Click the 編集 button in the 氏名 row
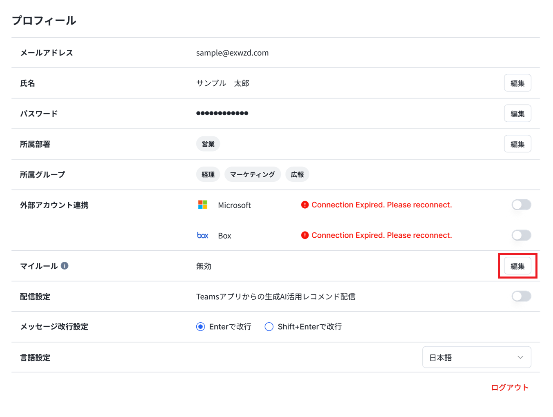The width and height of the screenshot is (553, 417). pyautogui.click(x=517, y=83)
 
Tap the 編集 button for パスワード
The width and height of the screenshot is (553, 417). pyautogui.click(x=517, y=113)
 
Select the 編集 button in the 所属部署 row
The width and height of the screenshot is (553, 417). pyautogui.click(x=517, y=144)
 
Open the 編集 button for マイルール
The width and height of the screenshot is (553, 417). pyautogui.click(x=517, y=266)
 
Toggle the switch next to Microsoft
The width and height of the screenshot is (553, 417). pyautogui.click(x=521, y=205)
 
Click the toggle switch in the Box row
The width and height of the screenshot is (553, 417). pyautogui.click(x=521, y=235)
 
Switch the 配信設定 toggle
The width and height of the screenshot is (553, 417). pyautogui.click(x=521, y=296)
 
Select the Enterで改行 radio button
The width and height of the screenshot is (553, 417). pyautogui.click(x=200, y=326)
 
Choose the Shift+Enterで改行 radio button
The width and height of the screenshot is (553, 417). pyautogui.click(x=269, y=326)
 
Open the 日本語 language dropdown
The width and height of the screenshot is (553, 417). pyautogui.click(x=476, y=357)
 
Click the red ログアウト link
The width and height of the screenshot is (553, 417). pyautogui.click(x=509, y=387)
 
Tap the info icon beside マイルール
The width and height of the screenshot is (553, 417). pyautogui.click(x=64, y=265)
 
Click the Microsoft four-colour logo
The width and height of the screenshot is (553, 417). pyautogui.click(x=202, y=205)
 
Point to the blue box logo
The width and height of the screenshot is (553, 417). pyautogui.click(x=202, y=235)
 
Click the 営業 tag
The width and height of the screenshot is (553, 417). pyautogui.click(x=208, y=144)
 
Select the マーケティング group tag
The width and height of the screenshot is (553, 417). pyautogui.click(x=253, y=174)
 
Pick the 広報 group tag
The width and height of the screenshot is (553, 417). pyautogui.click(x=297, y=174)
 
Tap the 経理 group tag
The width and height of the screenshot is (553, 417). pyautogui.click(x=208, y=174)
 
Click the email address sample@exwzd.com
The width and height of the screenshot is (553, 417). pyautogui.click(x=232, y=53)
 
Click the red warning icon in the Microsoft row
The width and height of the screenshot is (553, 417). pyautogui.click(x=304, y=205)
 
